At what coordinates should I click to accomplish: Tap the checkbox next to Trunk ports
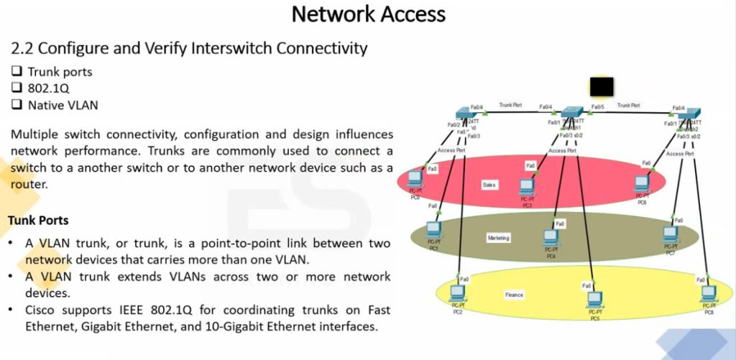pyautogui.click(x=17, y=72)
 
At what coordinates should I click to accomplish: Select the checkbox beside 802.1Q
pyautogui.click(x=17, y=88)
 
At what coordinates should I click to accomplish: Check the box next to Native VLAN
pyautogui.click(x=17, y=105)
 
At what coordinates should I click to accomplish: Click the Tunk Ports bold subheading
pyautogui.click(x=38, y=220)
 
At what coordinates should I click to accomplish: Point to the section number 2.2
pyautogui.click(x=22, y=49)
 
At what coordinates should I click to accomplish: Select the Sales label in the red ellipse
pyautogui.click(x=489, y=185)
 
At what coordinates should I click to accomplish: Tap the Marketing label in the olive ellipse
pyautogui.click(x=498, y=237)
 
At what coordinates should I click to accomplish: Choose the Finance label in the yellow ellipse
pyautogui.click(x=513, y=295)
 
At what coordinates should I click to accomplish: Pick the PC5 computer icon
pyautogui.click(x=594, y=300)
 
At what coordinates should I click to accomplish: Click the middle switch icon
pyautogui.click(x=573, y=113)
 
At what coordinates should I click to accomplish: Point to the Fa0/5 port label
pyautogui.click(x=597, y=107)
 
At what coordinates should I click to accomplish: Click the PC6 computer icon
pyautogui.click(x=642, y=185)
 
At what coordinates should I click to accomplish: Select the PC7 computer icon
pyautogui.click(x=670, y=234)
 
